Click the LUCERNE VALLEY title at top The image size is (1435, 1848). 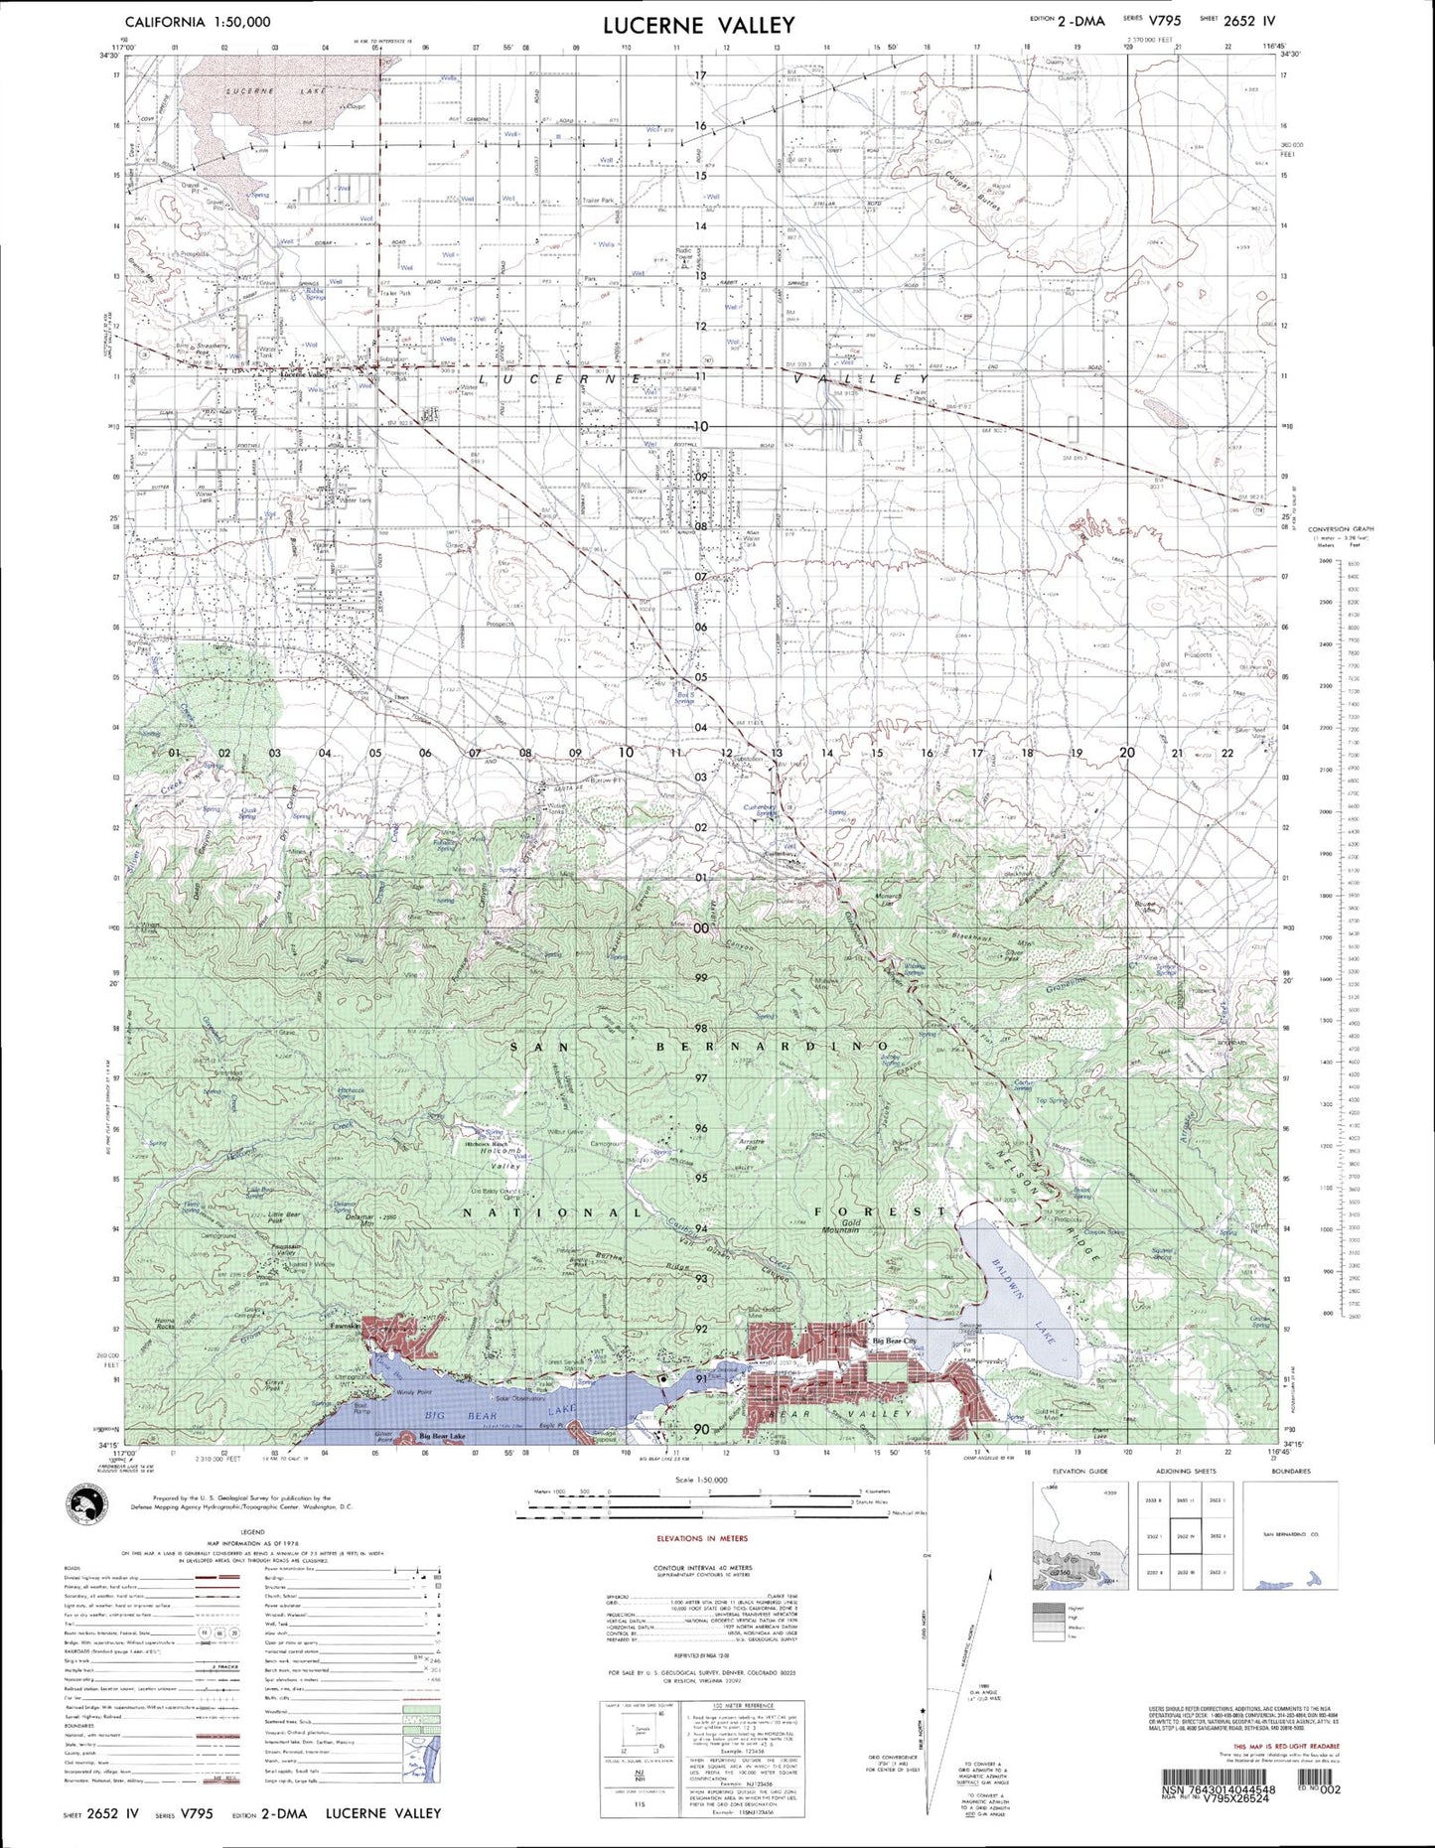click(698, 26)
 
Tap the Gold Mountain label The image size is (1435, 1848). click(839, 1225)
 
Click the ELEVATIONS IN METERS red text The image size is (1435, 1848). click(702, 1538)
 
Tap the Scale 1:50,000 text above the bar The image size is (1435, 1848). click(700, 1480)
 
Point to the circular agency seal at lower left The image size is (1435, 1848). click(87, 1501)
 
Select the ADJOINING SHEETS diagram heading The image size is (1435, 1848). click(1186, 1472)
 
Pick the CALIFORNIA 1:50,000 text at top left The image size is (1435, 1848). click(197, 21)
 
